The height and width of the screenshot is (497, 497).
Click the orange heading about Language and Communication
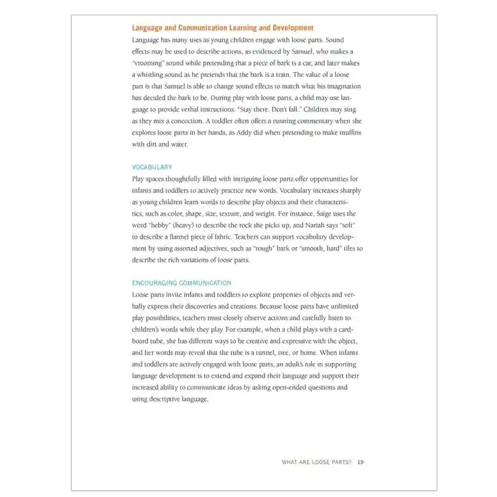(x=223, y=28)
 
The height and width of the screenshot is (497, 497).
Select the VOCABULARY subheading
(x=152, y=168)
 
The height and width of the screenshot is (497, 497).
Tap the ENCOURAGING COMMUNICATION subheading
(x=181, y=283)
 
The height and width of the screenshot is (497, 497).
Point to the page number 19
(x=360, y=462)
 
